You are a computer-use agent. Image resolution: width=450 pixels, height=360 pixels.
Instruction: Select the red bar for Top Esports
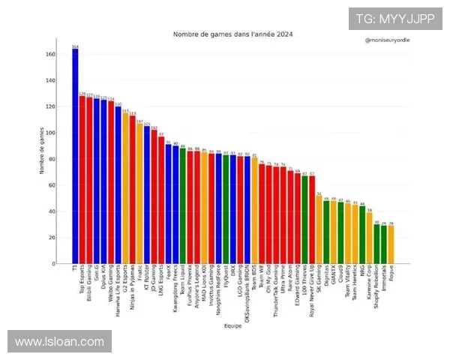click(x=82, y=180)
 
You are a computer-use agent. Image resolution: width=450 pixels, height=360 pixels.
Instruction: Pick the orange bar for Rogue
click(x=391, y=244)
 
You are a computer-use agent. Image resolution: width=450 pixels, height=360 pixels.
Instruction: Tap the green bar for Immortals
click(x=384, y=244)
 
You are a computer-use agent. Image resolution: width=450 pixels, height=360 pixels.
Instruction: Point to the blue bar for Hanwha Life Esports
click(x=118, y=185)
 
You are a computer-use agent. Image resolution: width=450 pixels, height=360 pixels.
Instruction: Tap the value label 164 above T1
click(x=75, y=46)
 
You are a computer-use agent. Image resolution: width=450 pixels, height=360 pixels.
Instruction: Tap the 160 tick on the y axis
click(x=50, y=55)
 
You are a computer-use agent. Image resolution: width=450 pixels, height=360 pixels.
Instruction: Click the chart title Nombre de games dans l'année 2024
click(x=232, y=34)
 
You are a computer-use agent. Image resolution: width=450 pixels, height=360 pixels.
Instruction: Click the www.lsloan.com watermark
click(x=59, y=342)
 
